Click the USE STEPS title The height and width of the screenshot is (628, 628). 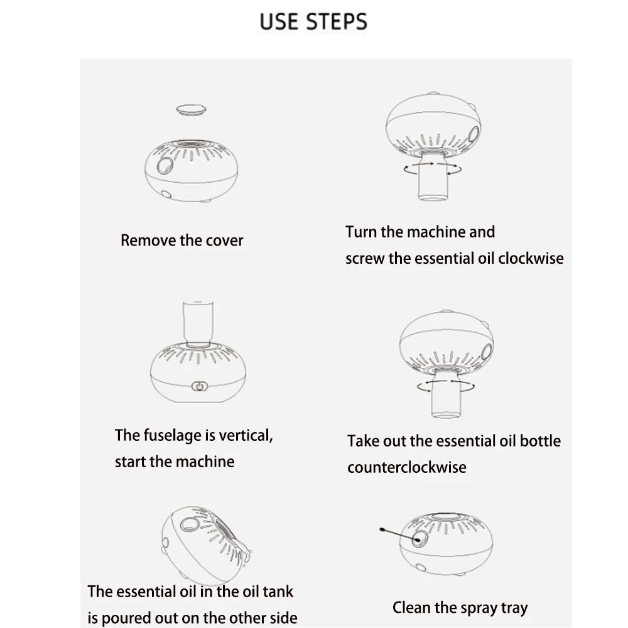313,21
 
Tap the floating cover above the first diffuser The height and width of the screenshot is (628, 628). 192,110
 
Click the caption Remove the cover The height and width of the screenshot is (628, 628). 181,241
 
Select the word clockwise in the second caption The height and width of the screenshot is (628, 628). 531,258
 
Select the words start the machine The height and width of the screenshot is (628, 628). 175,462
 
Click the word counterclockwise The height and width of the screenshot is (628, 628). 407,467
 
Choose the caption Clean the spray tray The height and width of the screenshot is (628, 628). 460,608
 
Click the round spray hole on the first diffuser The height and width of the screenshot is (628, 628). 166,166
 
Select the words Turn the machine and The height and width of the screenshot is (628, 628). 420,232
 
